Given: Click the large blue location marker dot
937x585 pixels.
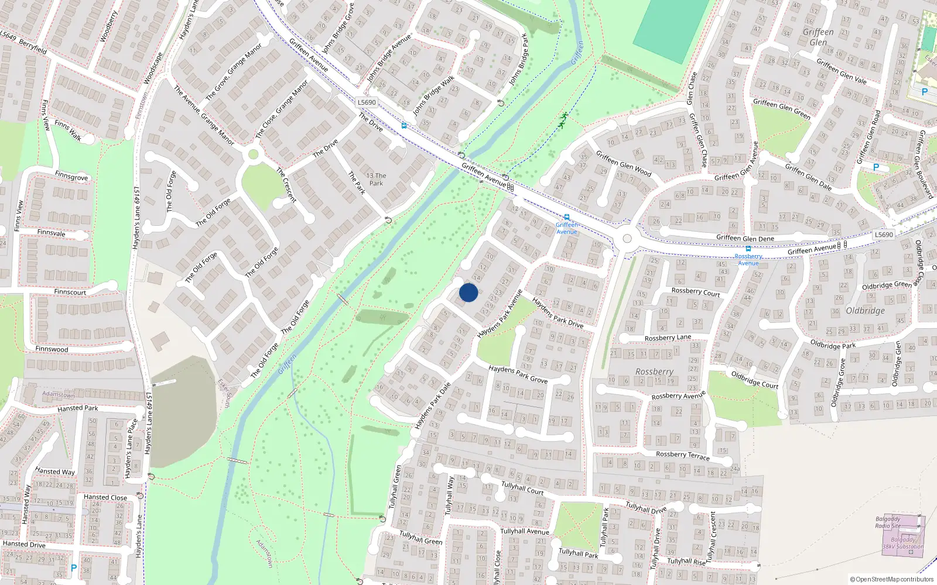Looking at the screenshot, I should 468,292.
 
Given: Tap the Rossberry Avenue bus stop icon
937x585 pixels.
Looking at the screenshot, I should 748,249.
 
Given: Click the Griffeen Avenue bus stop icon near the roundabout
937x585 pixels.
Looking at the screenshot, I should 566,217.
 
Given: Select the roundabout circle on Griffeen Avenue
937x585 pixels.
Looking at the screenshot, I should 627,239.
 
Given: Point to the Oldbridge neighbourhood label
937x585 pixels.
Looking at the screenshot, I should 865,311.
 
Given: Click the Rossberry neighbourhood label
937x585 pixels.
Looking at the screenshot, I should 654,371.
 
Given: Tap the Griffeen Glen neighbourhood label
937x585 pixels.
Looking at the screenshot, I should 818,37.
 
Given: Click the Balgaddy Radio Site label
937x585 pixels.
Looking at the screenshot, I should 888,522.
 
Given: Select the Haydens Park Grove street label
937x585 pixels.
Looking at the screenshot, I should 518,374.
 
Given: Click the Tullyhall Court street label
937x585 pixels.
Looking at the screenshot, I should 522,488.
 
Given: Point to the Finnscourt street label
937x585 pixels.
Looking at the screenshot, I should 70,292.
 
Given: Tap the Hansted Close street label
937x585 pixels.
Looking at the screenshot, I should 105,497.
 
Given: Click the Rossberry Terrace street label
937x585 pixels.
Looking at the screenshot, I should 682,455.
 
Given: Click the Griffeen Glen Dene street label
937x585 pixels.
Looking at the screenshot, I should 745,238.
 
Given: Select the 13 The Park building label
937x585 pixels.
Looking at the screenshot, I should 376,179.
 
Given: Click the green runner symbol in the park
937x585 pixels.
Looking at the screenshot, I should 563,121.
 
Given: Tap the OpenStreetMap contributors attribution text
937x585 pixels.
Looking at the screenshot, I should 892,579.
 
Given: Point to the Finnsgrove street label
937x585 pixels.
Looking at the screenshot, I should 71,176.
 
